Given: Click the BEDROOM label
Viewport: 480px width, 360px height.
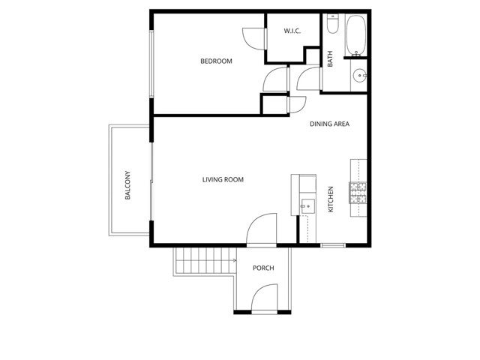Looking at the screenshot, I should tap(216, 61).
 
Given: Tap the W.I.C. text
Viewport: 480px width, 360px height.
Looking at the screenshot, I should tap(292, 31).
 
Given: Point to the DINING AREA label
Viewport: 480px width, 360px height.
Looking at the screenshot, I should tap(330, 124).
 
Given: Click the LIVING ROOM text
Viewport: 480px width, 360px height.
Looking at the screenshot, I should tap(223, 180).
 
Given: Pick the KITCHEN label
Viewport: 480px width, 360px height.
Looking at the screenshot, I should tap(331, 199).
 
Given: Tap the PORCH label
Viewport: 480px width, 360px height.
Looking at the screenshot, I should tap(262, 268).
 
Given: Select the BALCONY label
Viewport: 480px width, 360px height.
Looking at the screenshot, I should tap(128, 184).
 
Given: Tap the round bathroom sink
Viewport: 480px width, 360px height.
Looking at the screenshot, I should tap(359, 75).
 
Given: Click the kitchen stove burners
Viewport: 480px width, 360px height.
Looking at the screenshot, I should tap(358, 193).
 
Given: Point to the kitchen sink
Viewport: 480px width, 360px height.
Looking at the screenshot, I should tap(307, 205).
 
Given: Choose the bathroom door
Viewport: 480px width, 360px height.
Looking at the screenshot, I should tap(307, 79).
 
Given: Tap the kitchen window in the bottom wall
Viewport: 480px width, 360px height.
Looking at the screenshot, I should tap(333, 245).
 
